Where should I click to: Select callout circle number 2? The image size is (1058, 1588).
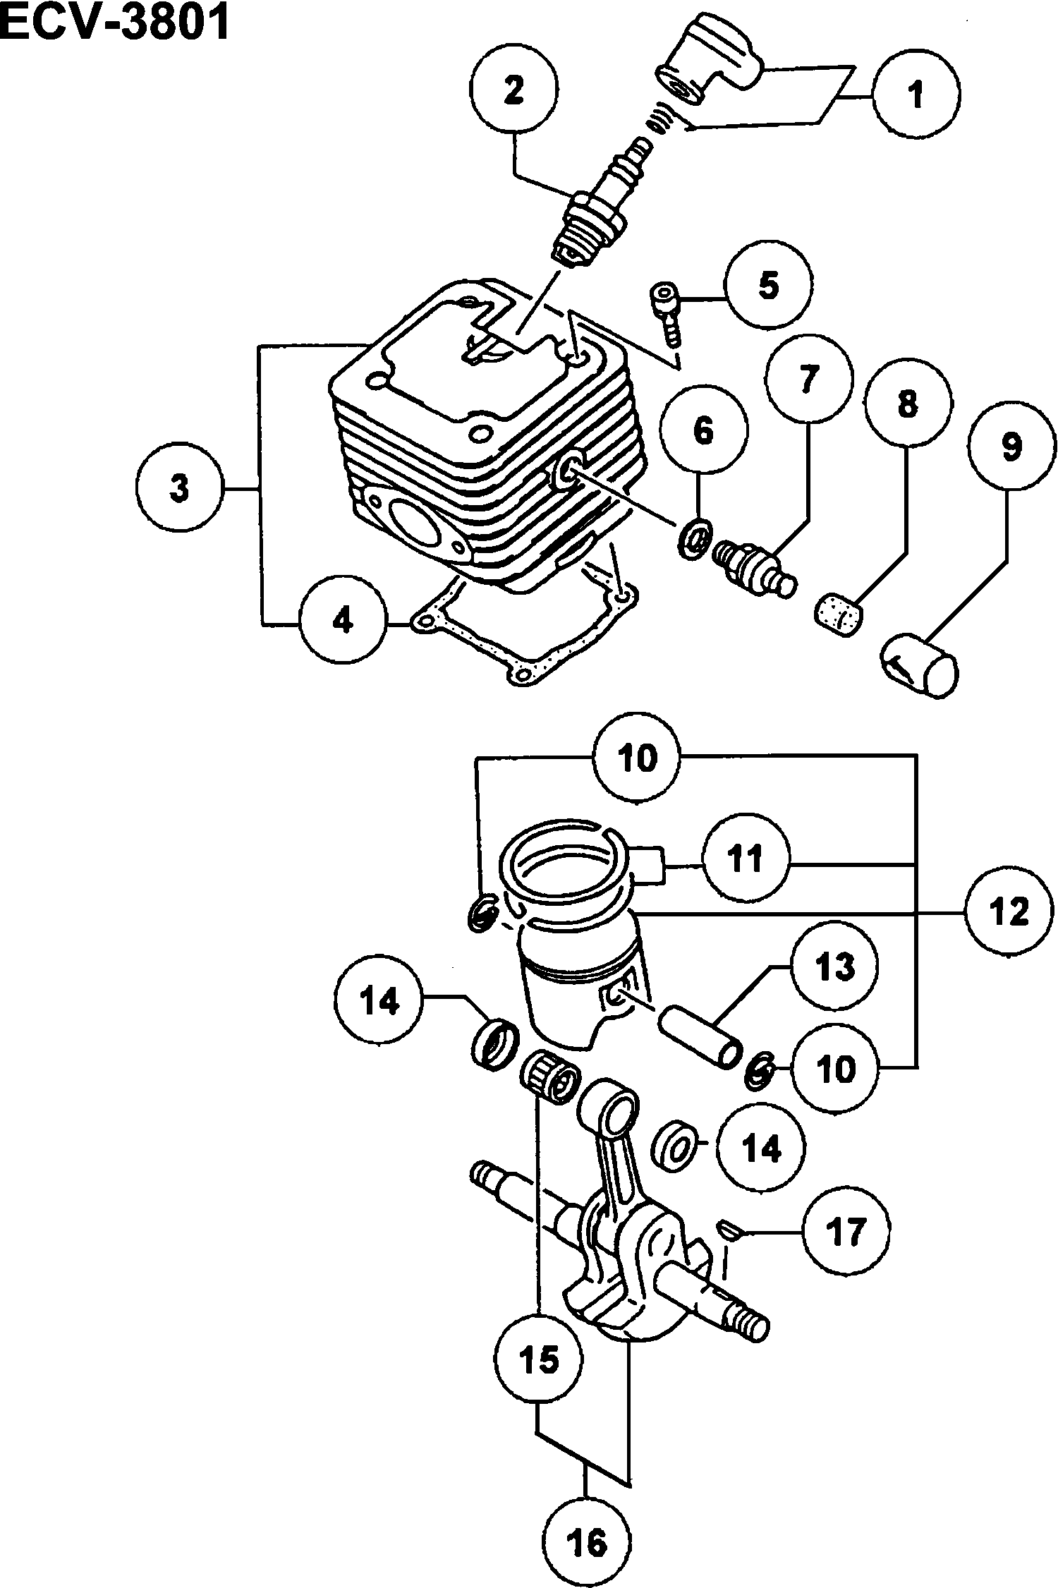(514, 90)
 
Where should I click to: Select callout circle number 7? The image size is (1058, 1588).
(808, 379)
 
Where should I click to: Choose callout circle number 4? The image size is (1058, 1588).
(343, 620)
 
